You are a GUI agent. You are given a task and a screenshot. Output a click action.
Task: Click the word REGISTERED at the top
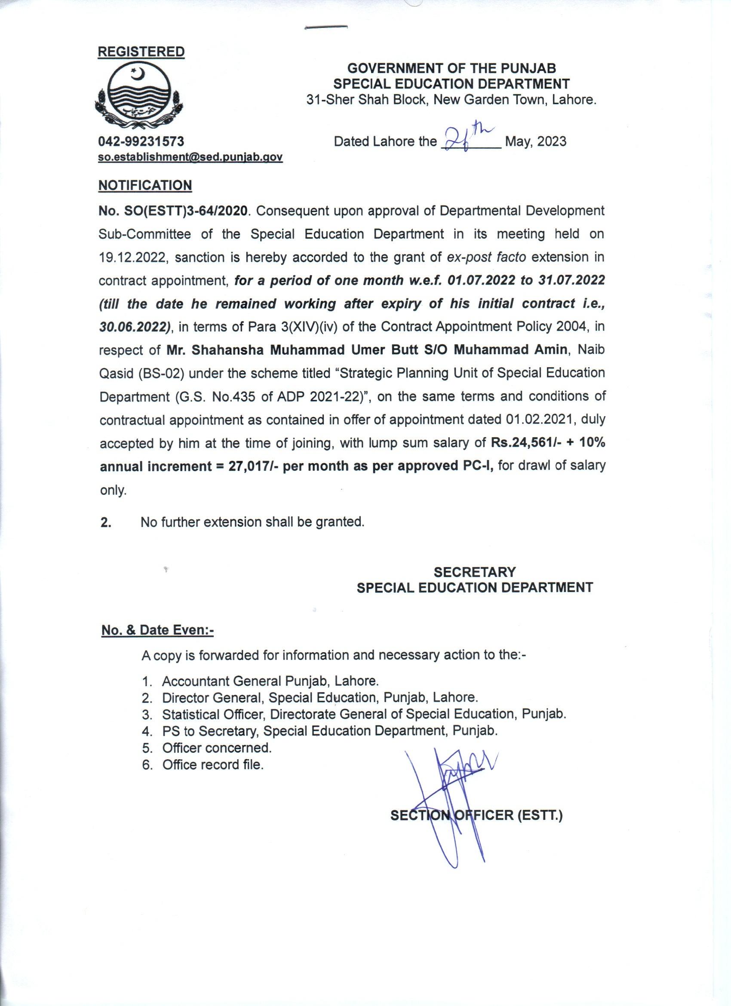[141, 52]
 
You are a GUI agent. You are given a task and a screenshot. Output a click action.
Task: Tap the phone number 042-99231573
[141, 141]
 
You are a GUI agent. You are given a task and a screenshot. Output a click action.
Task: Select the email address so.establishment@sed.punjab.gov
[190, 157]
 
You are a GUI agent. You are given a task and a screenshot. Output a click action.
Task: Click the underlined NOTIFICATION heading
[145, 185]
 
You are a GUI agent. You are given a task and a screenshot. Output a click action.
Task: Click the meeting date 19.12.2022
[132, 257]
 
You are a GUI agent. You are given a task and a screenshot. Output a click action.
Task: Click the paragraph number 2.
[106, 522]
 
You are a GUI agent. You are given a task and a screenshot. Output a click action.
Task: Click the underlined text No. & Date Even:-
[157, 630]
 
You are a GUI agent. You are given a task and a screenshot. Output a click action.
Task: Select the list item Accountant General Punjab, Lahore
[270, 681]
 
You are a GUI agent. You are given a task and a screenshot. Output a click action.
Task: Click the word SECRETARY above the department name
[475, 572]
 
